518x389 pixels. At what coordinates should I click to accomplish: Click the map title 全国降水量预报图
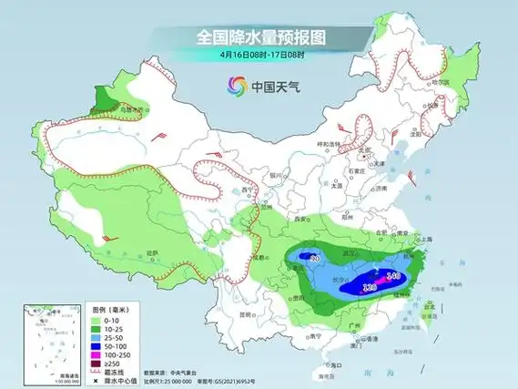click(260, 37)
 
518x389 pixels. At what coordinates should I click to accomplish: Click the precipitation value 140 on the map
click(393, 274)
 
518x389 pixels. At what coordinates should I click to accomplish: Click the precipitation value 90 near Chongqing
click(314, 259)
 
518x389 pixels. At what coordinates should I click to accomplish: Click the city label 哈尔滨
click(441, 81)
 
